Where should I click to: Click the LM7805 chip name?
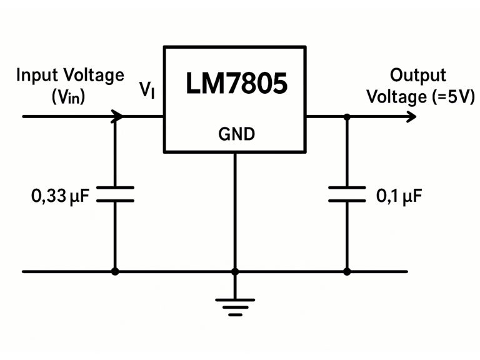coord(236,84)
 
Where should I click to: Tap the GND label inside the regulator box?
coord(236,134)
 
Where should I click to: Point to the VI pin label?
coord(147,91)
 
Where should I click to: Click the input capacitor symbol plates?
coord(115,194)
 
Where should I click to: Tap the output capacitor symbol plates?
coord(347,194)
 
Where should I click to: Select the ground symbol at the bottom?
coord(235,306)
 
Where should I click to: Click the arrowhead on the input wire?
coord(116,116)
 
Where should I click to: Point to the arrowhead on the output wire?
coord(410,116)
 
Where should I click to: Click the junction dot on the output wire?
coord(347,116)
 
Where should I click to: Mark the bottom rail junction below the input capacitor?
coord(115,271)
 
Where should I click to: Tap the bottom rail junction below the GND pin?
coord(235,271)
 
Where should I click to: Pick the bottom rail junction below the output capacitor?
coord(347,271)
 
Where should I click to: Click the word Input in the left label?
coord(37,76)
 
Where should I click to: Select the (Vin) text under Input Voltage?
coord(69,97)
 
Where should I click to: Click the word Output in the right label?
coord(418,76)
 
